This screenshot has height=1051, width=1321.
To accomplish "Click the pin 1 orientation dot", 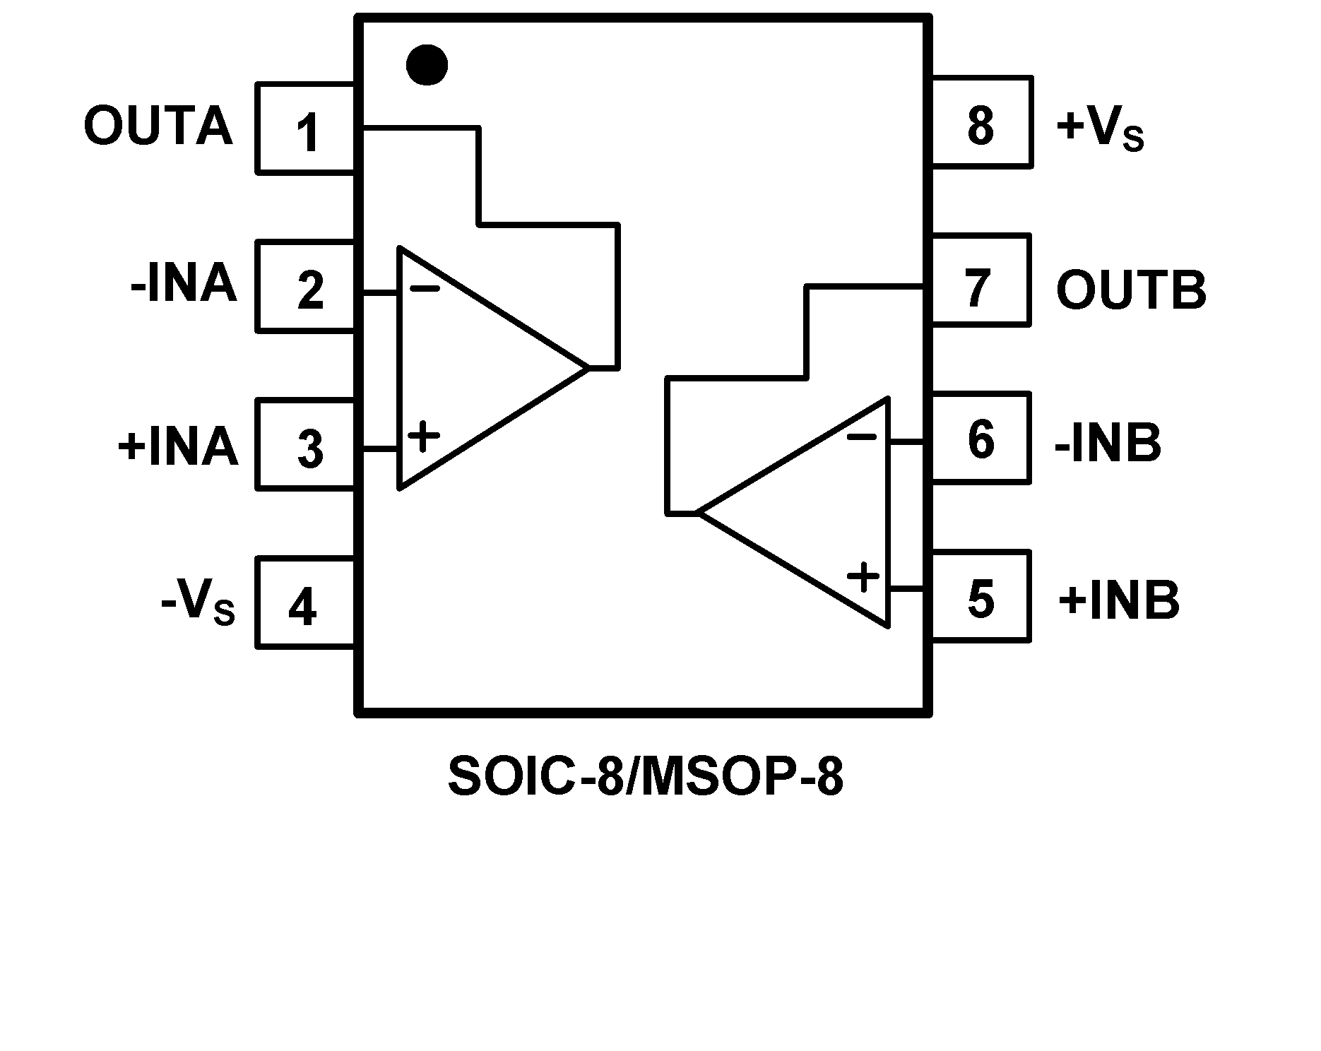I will pos(427,65).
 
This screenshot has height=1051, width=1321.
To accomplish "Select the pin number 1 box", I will pos(305,129).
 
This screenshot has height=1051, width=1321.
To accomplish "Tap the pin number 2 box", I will pos(305,287).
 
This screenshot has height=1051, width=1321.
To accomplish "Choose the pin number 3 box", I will pos(305,445).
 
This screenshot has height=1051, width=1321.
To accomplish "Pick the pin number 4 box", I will pos(305,603).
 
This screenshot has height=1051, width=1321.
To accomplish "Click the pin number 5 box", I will pos(981,597).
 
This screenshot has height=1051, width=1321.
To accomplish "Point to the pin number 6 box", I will pos(981,439).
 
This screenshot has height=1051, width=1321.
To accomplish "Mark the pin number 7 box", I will pos(981,280).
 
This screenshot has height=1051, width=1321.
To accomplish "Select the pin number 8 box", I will pos(981,122).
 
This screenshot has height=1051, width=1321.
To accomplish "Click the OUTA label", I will pos(158,127).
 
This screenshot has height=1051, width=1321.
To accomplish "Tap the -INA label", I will pos(183,285).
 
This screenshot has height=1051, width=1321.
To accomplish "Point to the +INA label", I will pos(177,446).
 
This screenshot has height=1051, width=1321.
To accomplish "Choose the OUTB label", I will pos(1131,290).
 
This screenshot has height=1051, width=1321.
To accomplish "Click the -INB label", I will pos(1108,443).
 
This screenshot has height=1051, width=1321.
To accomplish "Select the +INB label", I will pos(1119,601).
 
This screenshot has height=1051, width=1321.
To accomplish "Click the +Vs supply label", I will pos(1099,129).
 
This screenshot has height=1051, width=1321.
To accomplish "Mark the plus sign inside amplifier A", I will pos(424,437).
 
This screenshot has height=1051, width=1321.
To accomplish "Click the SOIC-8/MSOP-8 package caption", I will pos(646,777).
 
